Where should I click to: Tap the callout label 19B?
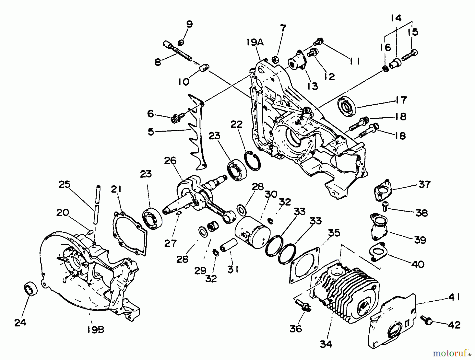[x=96, y=330]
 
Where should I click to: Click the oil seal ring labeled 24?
[x=31, y=289]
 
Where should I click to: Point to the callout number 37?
[x=424, y=184]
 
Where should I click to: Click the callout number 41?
[x=454, y=297]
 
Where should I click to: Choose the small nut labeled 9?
[x=181, y=42]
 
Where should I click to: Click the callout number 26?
[x=170, y=161]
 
